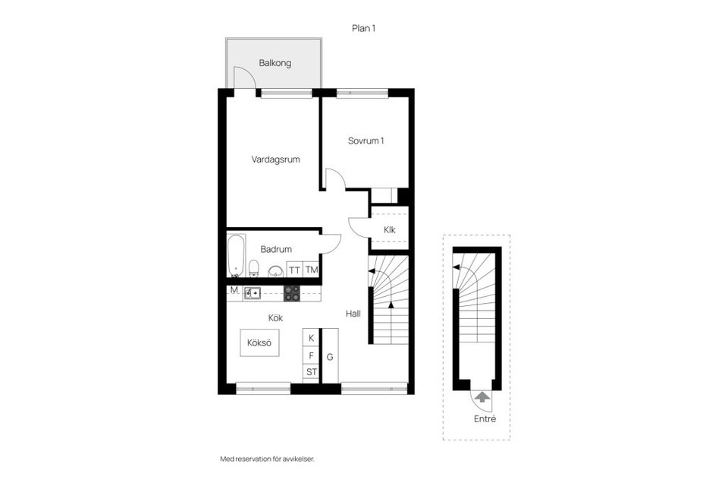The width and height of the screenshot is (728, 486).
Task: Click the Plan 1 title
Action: click(364, 28)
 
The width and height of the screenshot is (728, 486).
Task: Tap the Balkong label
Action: click(275, 64)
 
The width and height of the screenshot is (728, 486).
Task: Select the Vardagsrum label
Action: click(276, 159)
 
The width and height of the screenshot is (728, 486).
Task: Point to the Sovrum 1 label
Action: click(366, 140)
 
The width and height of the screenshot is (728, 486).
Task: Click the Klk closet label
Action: click(390, 229)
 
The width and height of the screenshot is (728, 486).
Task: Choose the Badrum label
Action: click(276, 249)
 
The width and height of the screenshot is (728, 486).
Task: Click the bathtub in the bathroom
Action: click(236, 256)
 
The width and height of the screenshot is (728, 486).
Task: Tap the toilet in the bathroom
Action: click(255, 268)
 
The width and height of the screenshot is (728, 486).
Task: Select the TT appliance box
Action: click(295, 270)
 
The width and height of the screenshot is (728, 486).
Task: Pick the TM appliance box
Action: click(312, 270)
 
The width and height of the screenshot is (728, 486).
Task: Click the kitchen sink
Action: click(253, 292)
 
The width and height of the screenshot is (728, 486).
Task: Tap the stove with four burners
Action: click(292, 292)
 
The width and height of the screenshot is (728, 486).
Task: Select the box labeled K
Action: click(311, 337)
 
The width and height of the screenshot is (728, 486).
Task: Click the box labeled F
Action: click(311, 355)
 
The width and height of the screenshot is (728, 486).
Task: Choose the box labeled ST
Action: click(311, 371)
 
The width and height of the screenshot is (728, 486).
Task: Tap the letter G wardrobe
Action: click(330, 355)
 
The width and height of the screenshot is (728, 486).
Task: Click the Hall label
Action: click(353, 313)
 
